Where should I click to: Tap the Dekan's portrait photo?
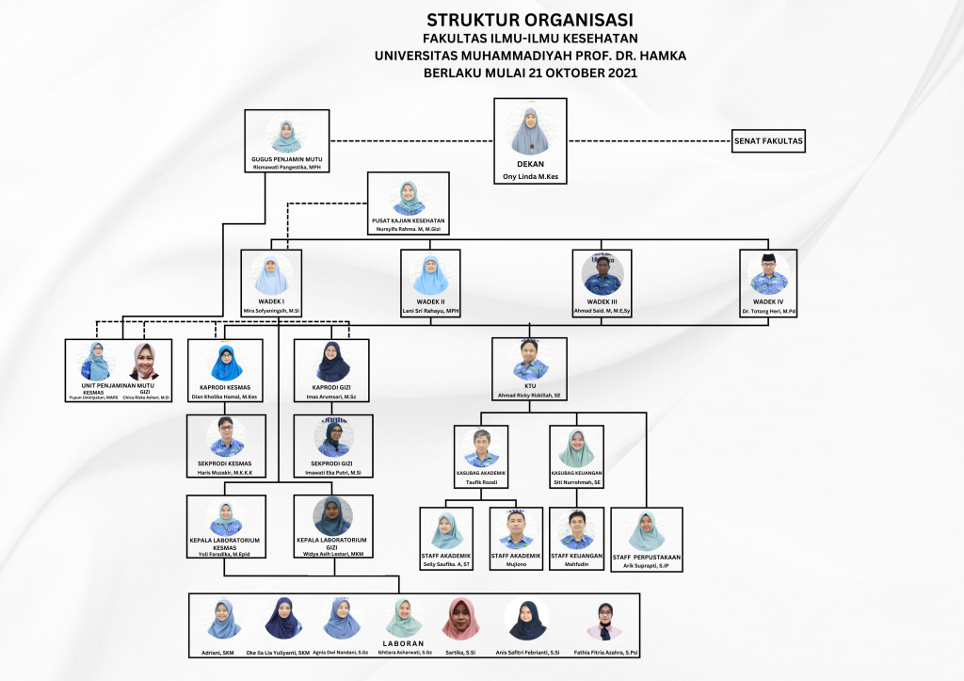click(x=528, y=131)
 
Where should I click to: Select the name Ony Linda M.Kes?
click(x=529, y=175)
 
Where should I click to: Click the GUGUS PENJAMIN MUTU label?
click(x=286, y=160)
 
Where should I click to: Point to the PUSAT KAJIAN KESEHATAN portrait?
click(x=409, y=198)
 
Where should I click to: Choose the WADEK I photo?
click(x=271, y=275)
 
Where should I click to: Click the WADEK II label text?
click(x=431, y=301)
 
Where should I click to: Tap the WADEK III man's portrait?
click(x=602, y=275)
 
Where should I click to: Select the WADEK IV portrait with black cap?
click(x=768, y=274)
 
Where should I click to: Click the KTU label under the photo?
click(x=529, y=385)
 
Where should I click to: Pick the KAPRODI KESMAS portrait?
click(x=226, y=363)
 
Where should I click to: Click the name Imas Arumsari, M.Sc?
click(x=330, y=397)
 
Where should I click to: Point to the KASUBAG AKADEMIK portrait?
click(x=481, y=448)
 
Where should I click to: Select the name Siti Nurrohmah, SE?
click(x=576, y=482)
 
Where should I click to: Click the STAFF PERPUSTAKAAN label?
click(x=646, y=557)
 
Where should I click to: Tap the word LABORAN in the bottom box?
click(x=403, y=643)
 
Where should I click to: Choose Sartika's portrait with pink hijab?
click(x=461, y=619)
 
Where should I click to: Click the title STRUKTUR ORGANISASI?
click(x=529, y=19)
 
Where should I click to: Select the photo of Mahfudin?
click(x=575, y=529)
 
